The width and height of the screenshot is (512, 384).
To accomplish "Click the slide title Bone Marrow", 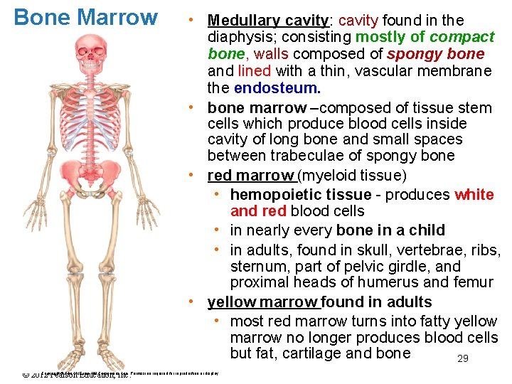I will pyautogui.click(x=86, y=17).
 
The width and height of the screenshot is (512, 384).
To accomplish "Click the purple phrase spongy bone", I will pyautogui.click(x=436, y=54).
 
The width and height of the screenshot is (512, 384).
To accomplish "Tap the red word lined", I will pyautogui.click(x=254, y=71).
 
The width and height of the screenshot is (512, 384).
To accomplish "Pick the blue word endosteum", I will pyautogui.click(x=277, y=88).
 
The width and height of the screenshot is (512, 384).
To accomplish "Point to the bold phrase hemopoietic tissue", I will pyautogui.click(x=301, y=195).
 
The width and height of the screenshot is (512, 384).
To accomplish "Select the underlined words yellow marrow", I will pyautogui.click(x=262, y=302).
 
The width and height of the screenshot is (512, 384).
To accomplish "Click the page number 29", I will pyautogui.click(x=462, y=359).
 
